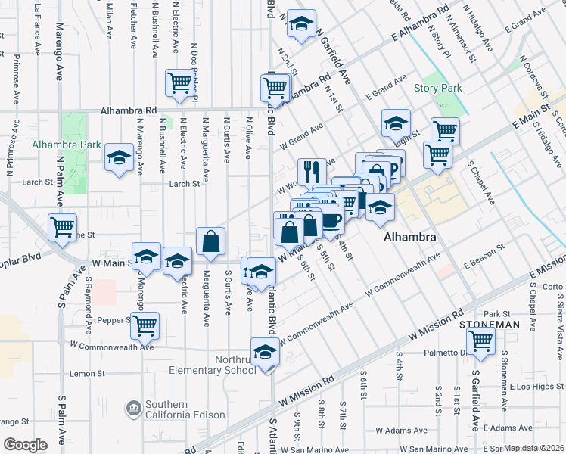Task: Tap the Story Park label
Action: pyautogui.click(x=438, y=89)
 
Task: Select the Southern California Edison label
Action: pyautogui.click(x=186, y=409)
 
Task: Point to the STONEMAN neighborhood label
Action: pyautogui.click(x=490, y=325)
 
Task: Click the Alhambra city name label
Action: pyautogui.click(x=410, y=237)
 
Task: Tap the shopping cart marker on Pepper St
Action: pyautogui.click(x=145, y=325)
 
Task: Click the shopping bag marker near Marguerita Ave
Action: pyautogui.click(x=211, y=241)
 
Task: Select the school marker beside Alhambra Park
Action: pyautogui.click(x=119, y=157)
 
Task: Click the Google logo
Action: pyautogui.click(x=25, y=445)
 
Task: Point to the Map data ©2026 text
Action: pyautogui.click(x=534, y=448)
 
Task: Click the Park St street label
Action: pyautogui.click(x=497, y=313)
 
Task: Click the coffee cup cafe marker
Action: pyautogui.click(x=330, y=219)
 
